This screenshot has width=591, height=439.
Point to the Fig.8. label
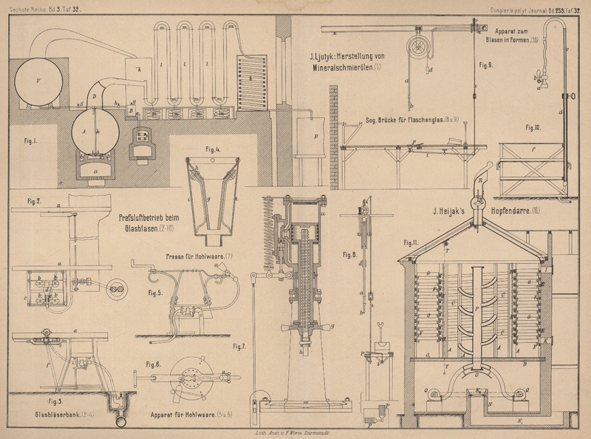350,255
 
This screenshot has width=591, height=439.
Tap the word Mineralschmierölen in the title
343,69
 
